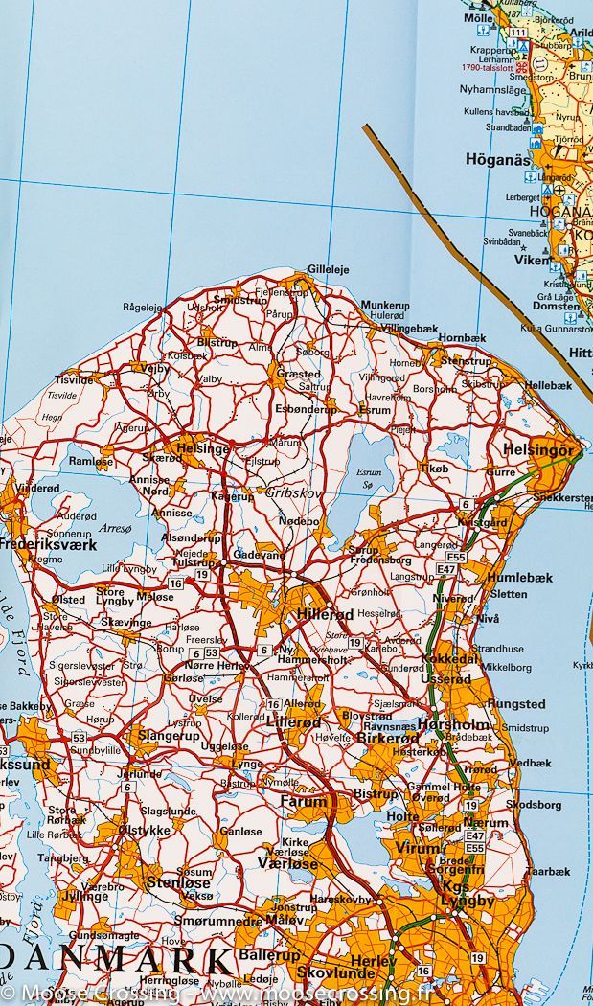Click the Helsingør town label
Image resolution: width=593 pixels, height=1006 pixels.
click(538, 449)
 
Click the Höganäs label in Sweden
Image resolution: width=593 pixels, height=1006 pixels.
click(497, 160)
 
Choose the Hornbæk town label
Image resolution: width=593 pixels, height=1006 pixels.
click(462, 338)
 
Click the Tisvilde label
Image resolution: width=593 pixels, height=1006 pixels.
click(75, 378)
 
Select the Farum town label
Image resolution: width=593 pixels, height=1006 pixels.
click(304, 801)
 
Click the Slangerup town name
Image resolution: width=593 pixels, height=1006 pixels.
click(170, 736)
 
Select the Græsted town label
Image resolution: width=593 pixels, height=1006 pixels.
click(298, 374)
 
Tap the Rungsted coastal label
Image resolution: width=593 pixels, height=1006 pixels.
click(516, 704)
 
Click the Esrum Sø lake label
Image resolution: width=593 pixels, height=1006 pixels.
click(368, 478)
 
